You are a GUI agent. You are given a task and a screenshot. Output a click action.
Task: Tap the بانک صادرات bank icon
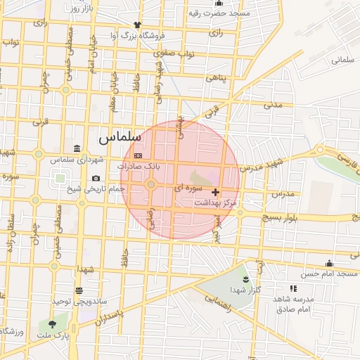(x=138, y=155)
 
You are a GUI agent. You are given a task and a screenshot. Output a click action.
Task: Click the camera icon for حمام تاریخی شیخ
(x=96, y=179)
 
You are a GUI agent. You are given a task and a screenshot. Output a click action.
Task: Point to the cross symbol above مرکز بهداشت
(x=214, y=191)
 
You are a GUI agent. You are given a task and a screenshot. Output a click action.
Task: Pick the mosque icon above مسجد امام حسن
(x=330, y=264)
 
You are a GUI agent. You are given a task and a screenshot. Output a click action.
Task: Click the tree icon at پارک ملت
(x=53, y=324)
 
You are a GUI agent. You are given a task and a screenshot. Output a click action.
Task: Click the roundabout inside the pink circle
(x=150, y=184)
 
